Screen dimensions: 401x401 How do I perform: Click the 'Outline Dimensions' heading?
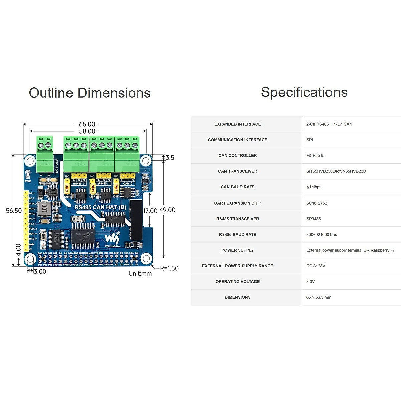(90, 93)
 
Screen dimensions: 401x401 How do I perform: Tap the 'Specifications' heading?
(304, 92)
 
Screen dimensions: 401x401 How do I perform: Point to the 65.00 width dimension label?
(87, 124)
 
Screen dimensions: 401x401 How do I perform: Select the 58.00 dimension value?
(87, 131)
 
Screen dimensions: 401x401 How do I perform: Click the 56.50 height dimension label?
(14, 211)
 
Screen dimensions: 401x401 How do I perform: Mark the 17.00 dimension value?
(150, 211)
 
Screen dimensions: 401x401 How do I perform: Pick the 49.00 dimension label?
(167, 210)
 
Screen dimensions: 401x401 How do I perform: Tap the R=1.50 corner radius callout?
(169, 268)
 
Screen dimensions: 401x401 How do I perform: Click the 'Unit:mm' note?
(140, 274)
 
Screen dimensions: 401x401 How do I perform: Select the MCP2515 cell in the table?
(315, 156)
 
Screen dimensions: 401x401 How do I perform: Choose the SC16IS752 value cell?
(316, 203)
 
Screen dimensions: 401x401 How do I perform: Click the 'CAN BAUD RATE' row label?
(237, 187)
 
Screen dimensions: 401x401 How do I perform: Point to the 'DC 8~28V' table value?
(316, 266)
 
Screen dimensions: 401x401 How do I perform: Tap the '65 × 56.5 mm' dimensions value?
(319, 297)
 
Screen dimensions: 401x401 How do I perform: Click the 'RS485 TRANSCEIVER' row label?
(237, 219)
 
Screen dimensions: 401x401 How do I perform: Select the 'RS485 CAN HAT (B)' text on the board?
(100, 207)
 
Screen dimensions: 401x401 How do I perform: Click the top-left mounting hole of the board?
(30, 161)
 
